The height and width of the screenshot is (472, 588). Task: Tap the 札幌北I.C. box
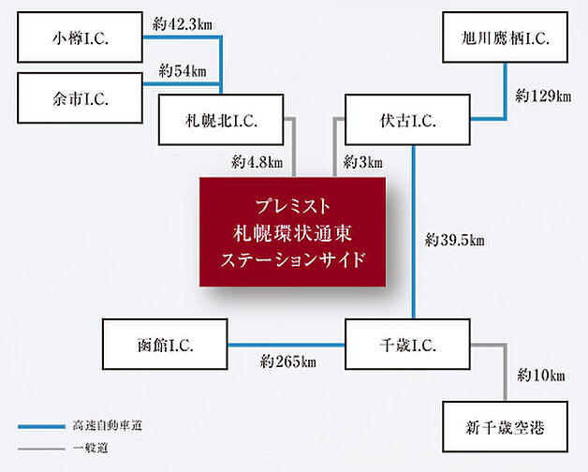pos(221,120)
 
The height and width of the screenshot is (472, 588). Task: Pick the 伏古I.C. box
pos(406,120)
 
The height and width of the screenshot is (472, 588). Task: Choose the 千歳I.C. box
pos(406,344)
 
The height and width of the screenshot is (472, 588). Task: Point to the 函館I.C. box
pos(165,344)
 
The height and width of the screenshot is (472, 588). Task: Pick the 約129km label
pos(543,96)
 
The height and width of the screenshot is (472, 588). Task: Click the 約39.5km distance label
pos(453,240)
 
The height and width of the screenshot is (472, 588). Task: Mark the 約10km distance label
pos(541,376)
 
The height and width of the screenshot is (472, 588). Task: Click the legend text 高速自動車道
pos(98,427)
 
